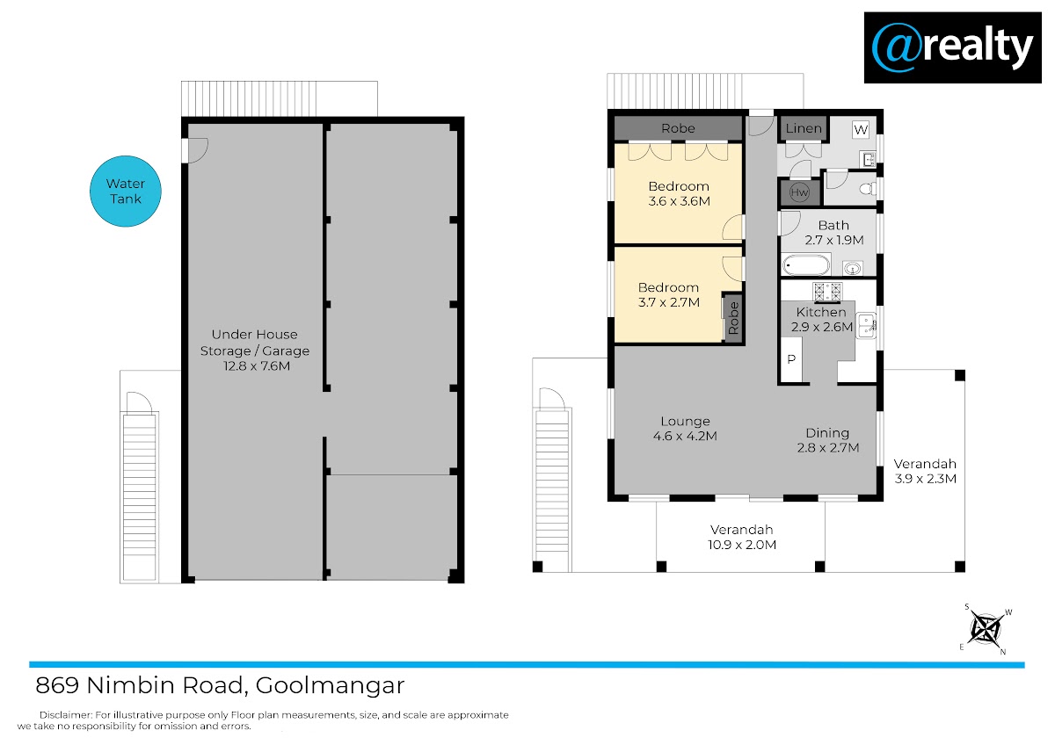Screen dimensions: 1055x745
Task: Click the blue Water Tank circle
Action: point(125,191)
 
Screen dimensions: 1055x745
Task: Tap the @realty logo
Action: point(952,47)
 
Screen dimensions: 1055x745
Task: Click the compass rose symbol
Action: point(986,629)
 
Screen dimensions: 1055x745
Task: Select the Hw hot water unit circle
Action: point(799,192)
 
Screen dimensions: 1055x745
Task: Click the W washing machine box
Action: point(861,129)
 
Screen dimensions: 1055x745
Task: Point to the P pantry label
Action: point(791,359)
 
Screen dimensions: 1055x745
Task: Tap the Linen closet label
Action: point(804,128)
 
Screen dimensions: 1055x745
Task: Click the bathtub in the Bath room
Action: point(806,265)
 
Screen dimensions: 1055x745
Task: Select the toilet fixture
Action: point(868,189)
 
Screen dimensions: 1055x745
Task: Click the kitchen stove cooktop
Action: point(827,293)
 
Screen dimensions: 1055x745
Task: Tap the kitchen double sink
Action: point(866,326)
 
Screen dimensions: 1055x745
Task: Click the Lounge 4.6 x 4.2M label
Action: point(685,428)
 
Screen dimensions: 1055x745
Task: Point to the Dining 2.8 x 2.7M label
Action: point(827,440)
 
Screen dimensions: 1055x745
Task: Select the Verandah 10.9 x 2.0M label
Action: point(742,537)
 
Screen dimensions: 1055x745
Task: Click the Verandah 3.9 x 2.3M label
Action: point(925,471)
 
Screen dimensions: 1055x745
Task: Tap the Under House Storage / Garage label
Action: point(255,350)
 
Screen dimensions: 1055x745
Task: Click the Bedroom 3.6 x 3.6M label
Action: point(679,193)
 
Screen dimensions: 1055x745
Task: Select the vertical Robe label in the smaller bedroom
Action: point(733,318)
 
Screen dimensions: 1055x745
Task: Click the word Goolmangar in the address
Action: point(330,686)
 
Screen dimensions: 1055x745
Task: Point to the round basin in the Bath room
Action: point(853,269)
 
